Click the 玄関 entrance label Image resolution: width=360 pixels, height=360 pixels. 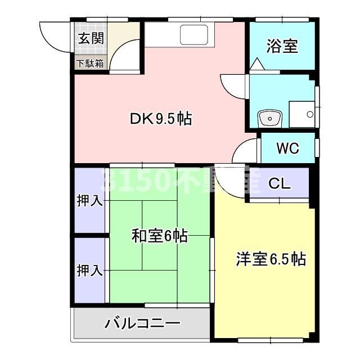click(91, 39)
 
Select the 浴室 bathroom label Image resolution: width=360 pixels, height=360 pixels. click(282, 46)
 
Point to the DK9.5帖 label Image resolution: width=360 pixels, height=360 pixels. click(161, 119)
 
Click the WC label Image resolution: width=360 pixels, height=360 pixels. click(287, 148)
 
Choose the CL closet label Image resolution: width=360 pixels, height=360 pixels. click(280, 183)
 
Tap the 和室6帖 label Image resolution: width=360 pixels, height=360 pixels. click(159, 236)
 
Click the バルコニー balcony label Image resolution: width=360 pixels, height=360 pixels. click(143, 324)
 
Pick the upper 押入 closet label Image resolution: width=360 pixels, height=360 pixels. click(89, 201)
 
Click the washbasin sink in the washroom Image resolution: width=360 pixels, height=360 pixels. click(269, 119)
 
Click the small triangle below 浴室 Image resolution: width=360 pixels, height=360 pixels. click(256, 65)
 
